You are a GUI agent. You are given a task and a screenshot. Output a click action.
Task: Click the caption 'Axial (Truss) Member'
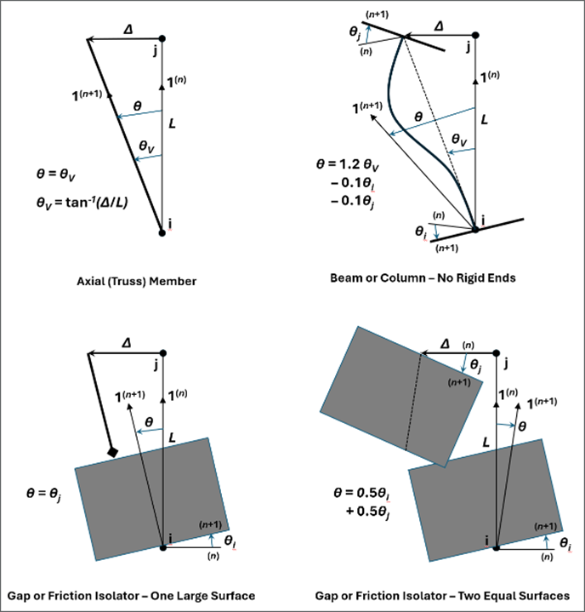136,280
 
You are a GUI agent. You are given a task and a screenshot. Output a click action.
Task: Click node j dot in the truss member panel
162,38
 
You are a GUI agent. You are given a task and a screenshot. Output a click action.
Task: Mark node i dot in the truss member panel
162,231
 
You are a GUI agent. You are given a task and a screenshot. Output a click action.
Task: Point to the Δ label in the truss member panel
128,29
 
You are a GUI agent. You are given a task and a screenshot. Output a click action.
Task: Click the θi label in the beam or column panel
420,232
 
